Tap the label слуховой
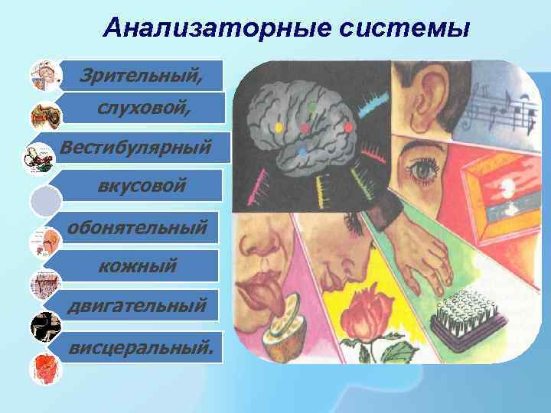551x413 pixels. click(142, 109)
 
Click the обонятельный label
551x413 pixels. click(137, 227)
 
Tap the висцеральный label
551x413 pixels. click(142, 348)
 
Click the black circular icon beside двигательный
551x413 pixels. click(44, 327)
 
